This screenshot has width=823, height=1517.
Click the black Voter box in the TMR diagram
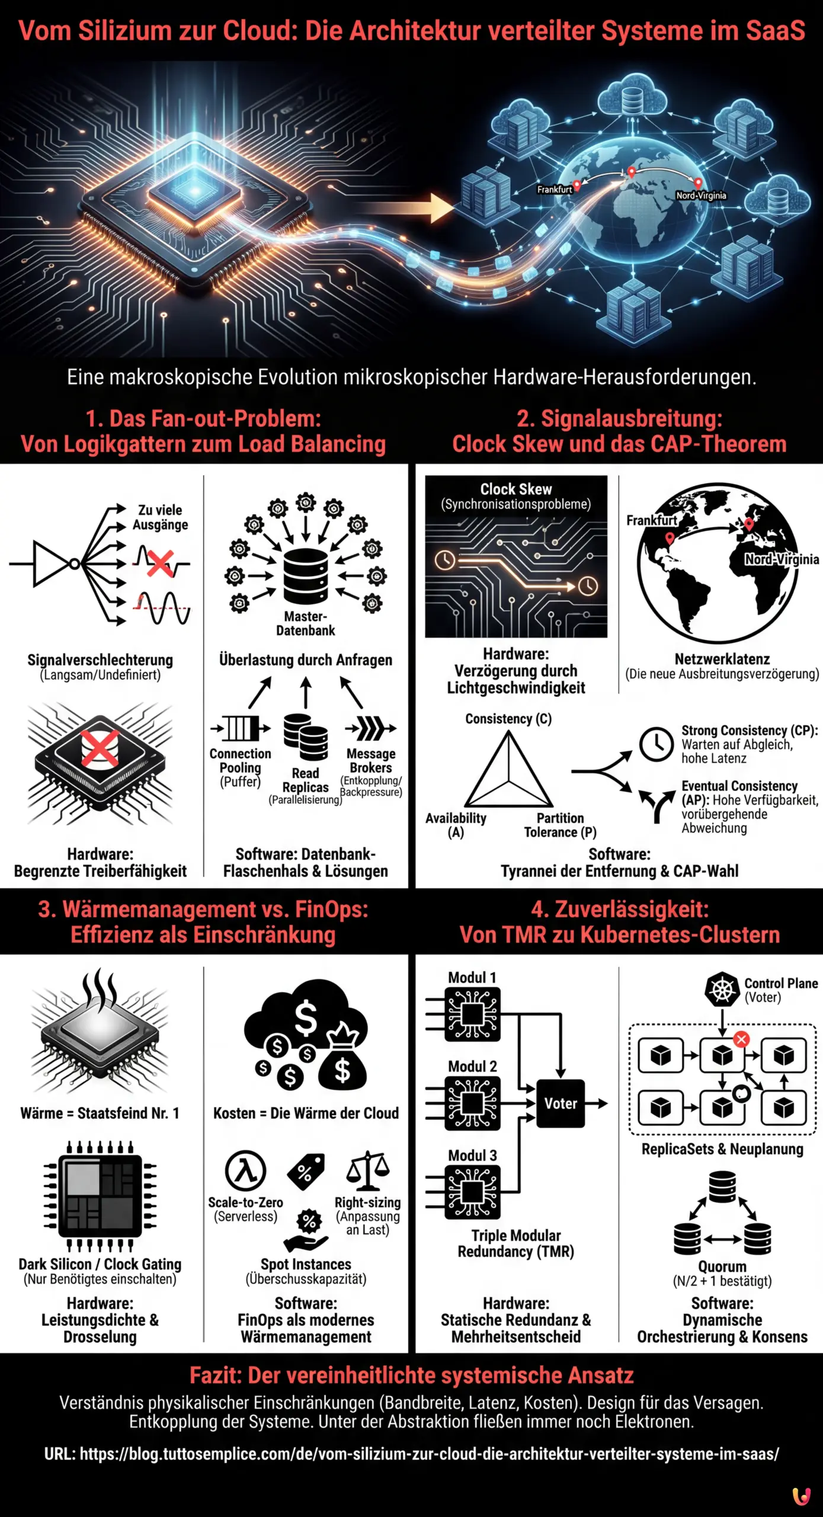point(560,1103)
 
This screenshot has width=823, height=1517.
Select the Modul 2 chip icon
point(472,1103)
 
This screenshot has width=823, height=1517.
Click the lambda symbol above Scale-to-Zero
point(245,1171)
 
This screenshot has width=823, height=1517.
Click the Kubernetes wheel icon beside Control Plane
point(722,990)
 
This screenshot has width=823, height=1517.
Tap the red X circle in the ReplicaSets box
point(741,1039)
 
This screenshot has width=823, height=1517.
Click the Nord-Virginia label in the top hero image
point(701,196)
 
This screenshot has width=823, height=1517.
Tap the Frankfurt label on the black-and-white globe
point(651,520)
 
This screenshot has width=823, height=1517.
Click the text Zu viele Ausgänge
point(160,517)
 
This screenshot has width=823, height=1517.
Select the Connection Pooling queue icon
point(240,728)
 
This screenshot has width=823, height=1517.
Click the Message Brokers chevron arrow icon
point(371,728)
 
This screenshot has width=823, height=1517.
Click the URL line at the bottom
point(411,1454)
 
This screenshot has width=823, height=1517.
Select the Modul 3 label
point(472,1156)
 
